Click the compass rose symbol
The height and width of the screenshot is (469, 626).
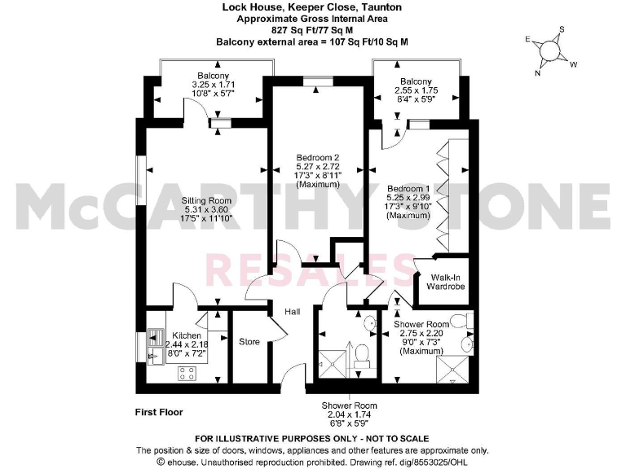pyautogui.click(x=552, y=51)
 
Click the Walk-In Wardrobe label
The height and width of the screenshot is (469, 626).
pyautogui.click(x=443, y=282)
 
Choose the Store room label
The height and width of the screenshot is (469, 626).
pyautogui.click(x=249, y=341)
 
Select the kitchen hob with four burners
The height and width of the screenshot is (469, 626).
pyautogui.click(x=187, y=373)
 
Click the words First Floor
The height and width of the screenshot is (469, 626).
pyautogui.click(x=159, y=412)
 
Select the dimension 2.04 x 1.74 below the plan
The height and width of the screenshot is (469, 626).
pyautogui.click(x=349, y=414)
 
